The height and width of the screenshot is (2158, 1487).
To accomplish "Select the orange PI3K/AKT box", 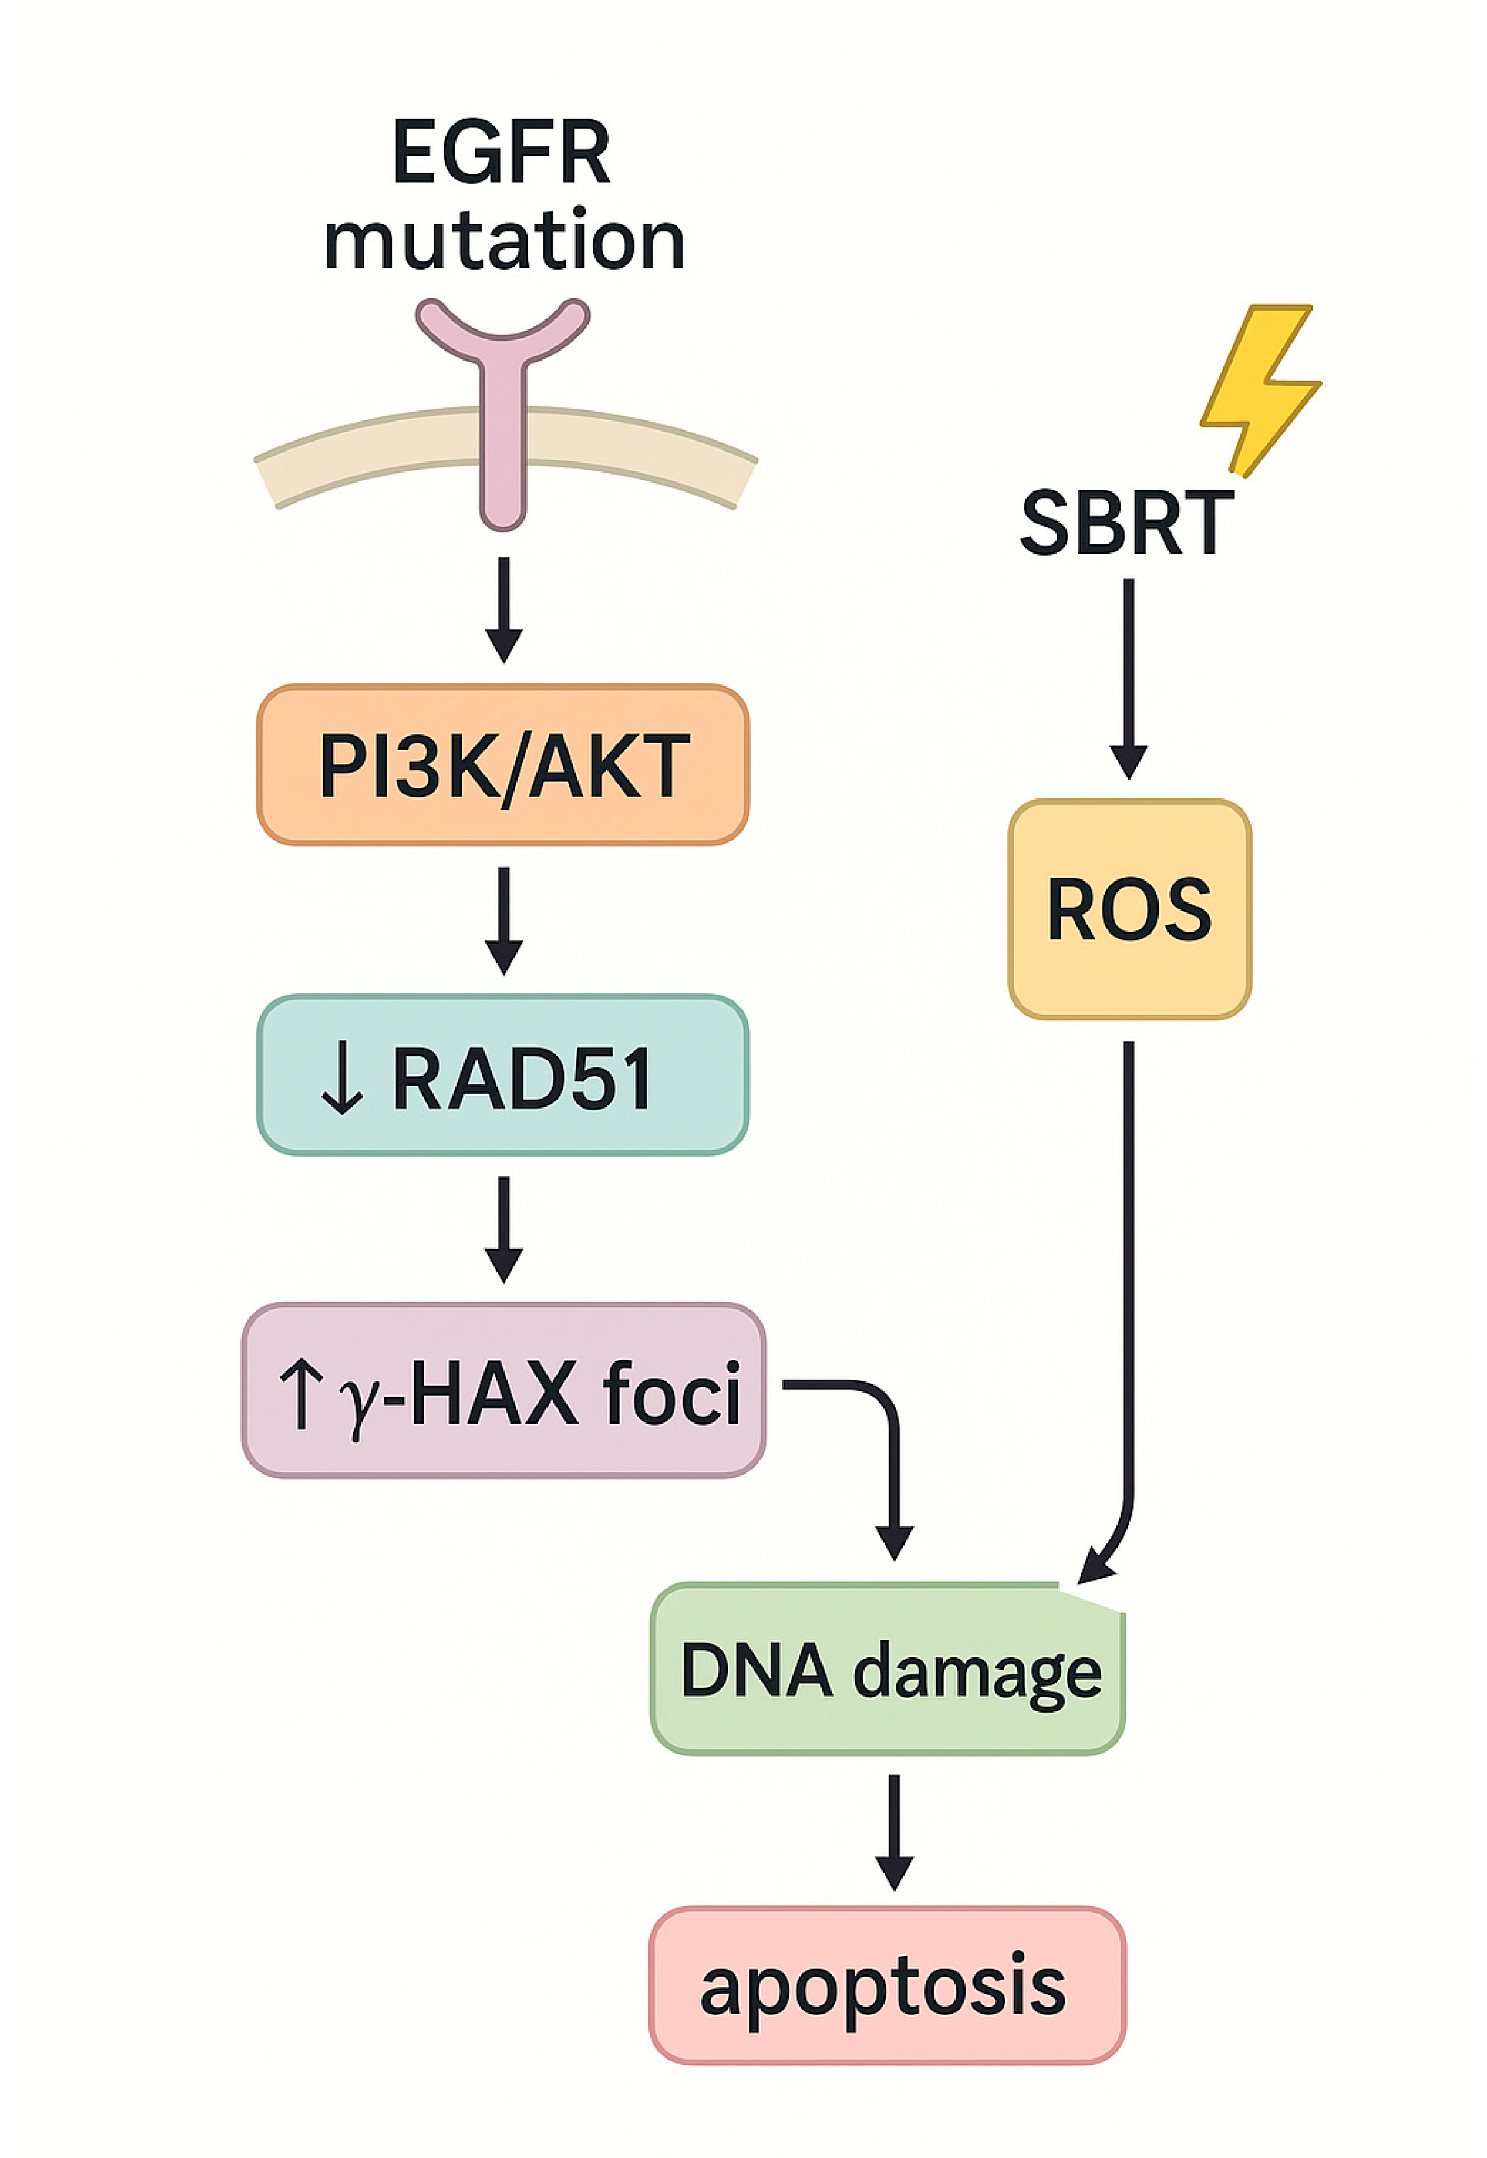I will point(503,765).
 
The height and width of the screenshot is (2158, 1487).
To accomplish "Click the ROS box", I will point(1129,909).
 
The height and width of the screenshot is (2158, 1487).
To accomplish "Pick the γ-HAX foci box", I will point(503,1391).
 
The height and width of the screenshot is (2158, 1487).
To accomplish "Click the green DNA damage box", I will point(888,1669).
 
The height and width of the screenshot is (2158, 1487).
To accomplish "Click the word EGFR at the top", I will point(501,154).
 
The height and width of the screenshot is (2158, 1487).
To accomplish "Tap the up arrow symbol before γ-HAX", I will point(300,1393).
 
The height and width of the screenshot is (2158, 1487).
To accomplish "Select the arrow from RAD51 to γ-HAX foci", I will point(504,1229).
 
